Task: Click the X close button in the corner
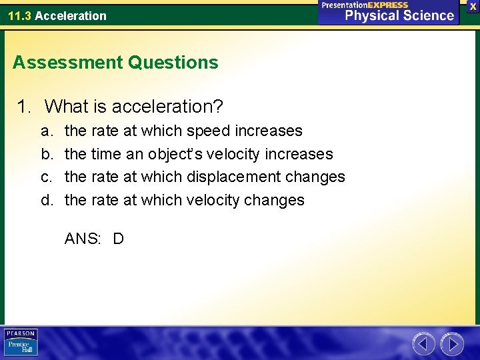coord(473,6)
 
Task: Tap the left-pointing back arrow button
coord(424,344)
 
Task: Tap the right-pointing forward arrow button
coord(452,344)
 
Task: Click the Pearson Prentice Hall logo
coord(21,342)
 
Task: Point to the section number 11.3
coord(19,15)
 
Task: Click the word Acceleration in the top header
coord(71,15)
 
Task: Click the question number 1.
coord(24,106)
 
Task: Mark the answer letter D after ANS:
coord(118,239)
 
